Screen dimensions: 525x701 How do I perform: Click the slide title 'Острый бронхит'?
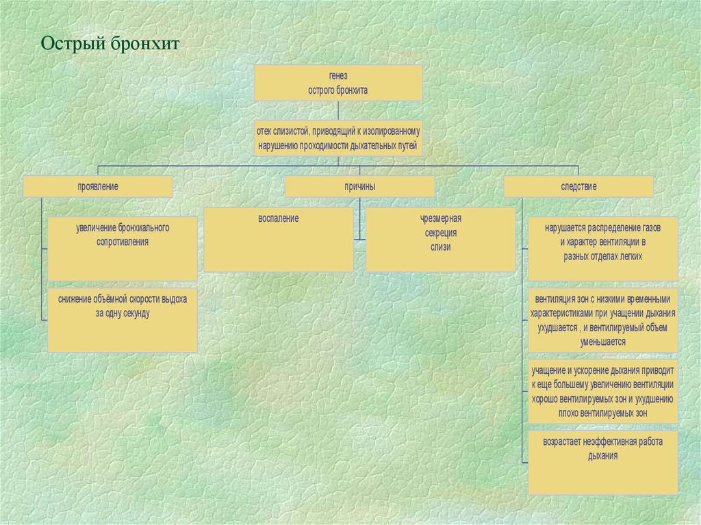coord(109,45)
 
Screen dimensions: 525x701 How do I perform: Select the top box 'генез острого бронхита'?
coord(338,83)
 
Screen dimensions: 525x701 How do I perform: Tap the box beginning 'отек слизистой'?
coord(338,138)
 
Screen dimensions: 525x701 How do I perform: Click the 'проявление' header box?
coord(98,186)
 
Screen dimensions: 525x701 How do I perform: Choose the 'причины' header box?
coord(359,186)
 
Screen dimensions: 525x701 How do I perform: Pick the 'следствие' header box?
coord(578,186)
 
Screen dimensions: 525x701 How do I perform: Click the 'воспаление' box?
coord(279,240)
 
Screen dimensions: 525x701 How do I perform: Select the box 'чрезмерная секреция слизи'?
coord(441,240)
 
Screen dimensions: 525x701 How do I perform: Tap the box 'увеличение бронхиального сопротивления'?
coord(123,248)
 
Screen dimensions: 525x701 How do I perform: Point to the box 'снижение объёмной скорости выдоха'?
coord(123,320)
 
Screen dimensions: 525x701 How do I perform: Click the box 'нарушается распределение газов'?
coord(603,248)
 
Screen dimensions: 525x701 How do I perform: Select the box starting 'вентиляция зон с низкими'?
coord(603,320)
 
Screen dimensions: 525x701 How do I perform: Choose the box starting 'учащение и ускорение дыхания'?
coord(603,392)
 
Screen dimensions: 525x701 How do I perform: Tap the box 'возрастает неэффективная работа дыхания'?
coord(603,462)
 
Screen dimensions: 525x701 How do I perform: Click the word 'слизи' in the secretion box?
coord(441,247)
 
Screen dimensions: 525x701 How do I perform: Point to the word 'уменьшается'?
coord(602,341)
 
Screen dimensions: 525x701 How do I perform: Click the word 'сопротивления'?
coord(123,242)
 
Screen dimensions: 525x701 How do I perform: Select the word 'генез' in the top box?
coord(338,77)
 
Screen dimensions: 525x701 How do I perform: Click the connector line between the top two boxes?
coord(338,110)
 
